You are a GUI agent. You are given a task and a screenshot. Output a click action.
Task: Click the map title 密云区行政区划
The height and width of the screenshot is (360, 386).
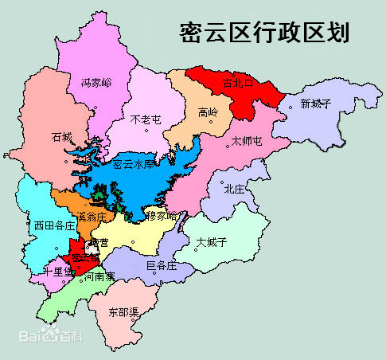click(x=263, y=33)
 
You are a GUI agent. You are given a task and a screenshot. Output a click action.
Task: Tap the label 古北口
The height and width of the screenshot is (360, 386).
click(x=238, y=83)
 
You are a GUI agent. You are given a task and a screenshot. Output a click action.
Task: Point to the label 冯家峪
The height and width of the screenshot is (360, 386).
click(x=97, y=82)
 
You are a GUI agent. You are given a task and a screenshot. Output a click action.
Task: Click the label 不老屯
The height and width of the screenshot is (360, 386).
click(x=146, y=119)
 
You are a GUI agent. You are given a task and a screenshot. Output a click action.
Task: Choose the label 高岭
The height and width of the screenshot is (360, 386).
click(x=208, y=112)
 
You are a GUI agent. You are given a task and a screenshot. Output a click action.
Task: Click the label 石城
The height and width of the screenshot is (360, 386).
click(x=61, y=136)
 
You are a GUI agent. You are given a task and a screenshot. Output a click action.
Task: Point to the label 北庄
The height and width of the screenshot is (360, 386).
click(x=234, y=189)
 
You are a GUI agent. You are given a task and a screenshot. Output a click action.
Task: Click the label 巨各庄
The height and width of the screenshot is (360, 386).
click(x=162, y=265)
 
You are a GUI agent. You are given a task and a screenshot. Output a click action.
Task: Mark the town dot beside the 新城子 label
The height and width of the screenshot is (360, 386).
click(x=290, y=104)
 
